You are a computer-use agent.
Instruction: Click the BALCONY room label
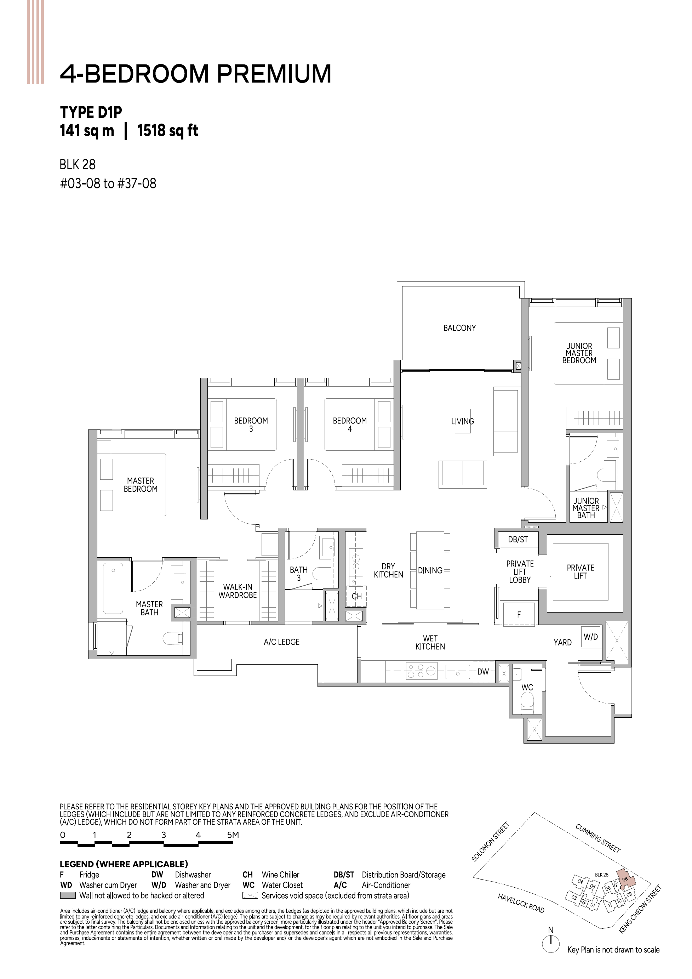click(459, 328)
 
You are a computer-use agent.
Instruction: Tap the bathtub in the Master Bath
click(113, 589)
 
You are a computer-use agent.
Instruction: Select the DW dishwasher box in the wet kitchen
click(483, 672)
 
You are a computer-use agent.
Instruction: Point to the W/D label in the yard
click(590, 637)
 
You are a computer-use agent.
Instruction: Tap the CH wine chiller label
click(356, 597)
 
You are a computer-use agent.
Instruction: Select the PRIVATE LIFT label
click(580, 572)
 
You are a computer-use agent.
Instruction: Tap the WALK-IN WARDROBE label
click(238, 591)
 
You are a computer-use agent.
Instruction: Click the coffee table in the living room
click(463, 421)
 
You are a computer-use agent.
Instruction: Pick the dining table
click(430, 570)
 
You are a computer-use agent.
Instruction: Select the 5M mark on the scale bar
click(233, 835)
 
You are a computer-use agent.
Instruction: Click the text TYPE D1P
click(91, 113)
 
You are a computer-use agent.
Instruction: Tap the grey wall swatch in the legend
click(68, 895)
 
